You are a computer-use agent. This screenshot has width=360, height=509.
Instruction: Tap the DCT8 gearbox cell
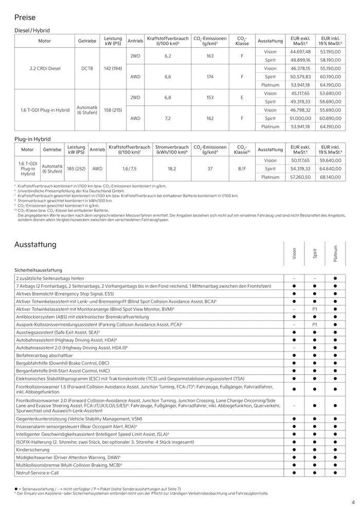87,68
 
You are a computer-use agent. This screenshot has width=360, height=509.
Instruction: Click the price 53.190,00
331,51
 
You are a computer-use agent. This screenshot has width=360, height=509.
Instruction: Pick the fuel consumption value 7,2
167,118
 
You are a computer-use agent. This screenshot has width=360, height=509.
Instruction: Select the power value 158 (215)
113,110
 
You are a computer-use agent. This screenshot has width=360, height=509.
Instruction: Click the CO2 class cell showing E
242,97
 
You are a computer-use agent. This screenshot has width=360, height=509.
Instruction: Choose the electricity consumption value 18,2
172,168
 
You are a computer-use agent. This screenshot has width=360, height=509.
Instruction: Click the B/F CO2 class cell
242,168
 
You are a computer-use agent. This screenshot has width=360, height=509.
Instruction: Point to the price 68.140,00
331,177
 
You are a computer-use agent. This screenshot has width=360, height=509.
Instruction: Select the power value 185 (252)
76,168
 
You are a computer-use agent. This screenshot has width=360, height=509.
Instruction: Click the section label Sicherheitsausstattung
39,269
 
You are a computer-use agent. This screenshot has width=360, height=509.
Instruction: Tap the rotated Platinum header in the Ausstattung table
335,253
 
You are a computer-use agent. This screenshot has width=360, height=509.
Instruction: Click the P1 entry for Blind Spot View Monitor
315,309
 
